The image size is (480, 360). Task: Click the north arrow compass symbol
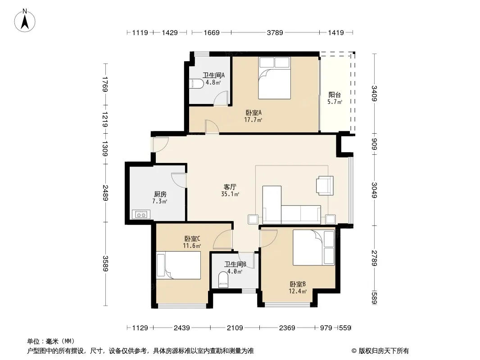(25, 21)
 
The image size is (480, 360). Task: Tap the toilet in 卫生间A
(196, 84)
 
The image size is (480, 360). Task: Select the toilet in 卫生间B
(223, 280)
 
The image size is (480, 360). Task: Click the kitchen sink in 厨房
(141, 214)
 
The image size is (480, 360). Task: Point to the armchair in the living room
(325, 185)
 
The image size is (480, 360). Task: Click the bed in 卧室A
(274, 78)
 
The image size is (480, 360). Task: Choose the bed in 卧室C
(178, 265)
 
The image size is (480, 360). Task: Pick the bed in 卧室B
(313, 247)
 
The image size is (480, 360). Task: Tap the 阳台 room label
(335, 95)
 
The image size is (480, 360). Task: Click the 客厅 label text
(230, 187)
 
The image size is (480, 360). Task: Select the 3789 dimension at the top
(275, 32)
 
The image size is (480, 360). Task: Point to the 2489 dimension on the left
(105, 193)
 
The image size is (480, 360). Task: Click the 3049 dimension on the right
(374, 190)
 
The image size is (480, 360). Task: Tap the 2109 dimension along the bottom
(235, 328)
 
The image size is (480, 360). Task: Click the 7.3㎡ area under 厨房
(160, 201)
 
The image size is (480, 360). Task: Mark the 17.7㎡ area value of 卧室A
(253, 120)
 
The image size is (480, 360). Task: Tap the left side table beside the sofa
(253, 219)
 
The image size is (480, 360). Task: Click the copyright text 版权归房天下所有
(384, 351)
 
